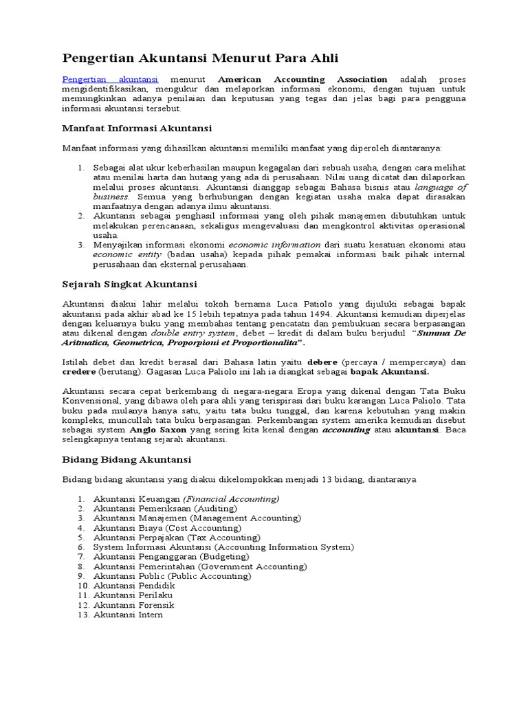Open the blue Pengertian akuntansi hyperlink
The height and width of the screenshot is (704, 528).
[x=111, y=79]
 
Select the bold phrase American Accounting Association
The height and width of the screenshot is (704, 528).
[x=302, y=79]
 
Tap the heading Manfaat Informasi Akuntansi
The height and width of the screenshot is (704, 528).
[x=137, y=128]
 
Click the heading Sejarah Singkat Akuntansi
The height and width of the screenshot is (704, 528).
[x=130, y=283]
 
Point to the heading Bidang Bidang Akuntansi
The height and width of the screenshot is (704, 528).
[x=126, y=459]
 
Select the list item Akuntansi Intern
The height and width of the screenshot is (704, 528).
[x=128, y=614]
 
